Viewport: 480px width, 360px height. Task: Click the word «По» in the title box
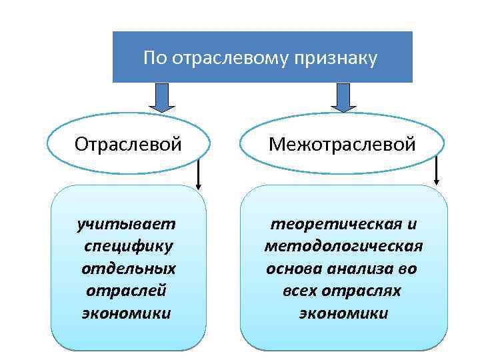point(155,59)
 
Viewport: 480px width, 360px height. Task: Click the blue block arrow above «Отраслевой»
point(161,97)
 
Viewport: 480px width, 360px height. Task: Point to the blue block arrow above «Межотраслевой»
point(344,97)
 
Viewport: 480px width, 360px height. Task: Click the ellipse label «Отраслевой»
point(128,144)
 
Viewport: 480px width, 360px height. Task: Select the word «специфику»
point(129,246)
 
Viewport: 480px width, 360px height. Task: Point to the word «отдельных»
point(129,269)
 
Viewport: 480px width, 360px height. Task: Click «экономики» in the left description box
point(127,313)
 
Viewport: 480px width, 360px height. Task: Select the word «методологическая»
point(344,246)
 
